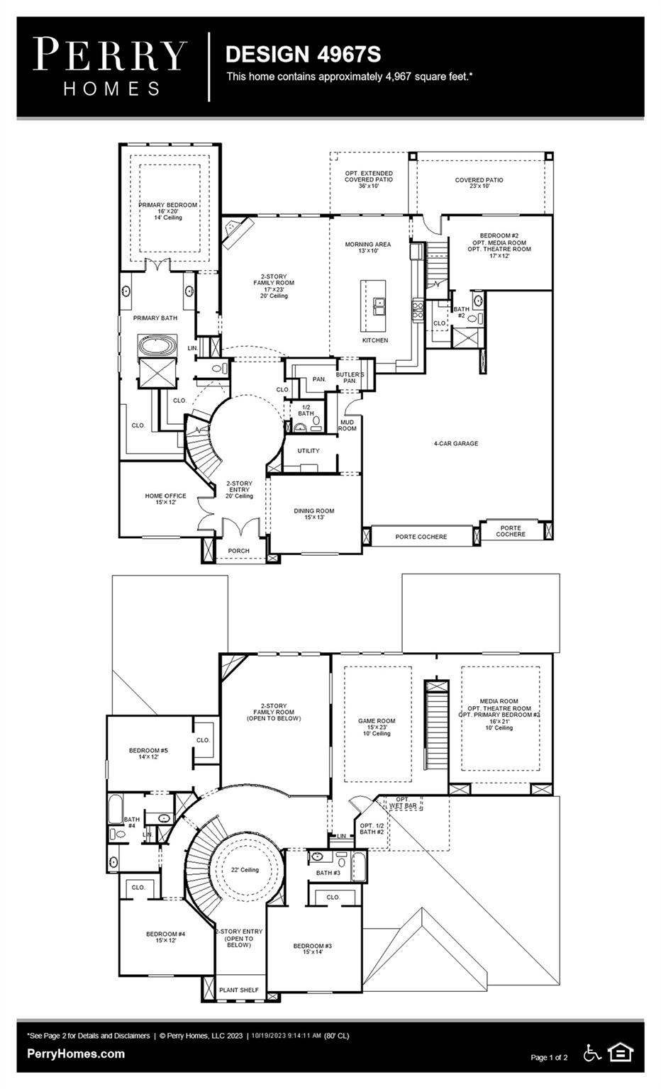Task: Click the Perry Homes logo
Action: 111,67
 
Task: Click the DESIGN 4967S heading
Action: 303,54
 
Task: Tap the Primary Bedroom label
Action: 168,211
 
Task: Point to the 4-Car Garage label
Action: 456,444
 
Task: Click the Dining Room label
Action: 314,514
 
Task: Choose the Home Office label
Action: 165,499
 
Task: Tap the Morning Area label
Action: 367,247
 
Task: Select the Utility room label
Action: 309,451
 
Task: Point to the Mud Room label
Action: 347,425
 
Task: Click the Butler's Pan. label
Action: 350,378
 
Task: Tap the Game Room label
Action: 377,727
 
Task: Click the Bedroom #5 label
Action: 148,754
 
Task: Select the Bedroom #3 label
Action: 313,949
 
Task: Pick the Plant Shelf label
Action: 239,990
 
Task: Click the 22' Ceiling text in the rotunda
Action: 245,870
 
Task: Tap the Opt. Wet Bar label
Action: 403,803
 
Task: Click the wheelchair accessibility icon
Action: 591,1053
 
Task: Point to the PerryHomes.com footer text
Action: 76,1054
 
